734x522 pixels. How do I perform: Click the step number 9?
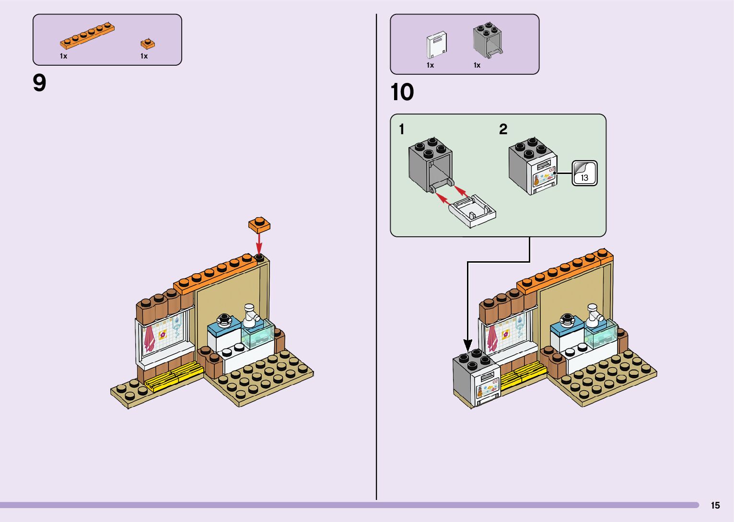click(x=39, y=83)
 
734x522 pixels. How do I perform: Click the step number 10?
click(x=402, y=92)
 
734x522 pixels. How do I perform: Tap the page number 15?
click(x=715, y=505)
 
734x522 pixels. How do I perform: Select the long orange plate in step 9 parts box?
click(x=87, y=36)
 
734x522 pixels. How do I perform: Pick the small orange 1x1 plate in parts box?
click(x=148, y=44)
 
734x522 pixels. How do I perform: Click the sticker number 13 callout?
click(x=584, y=173)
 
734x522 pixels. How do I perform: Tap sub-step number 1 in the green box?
click(x=402, y=129)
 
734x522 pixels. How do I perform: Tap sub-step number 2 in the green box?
click(x=503, y=129)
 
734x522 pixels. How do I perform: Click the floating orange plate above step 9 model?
click(x=259, y=224)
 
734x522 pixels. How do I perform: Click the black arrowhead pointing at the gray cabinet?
click(x=467, y=344)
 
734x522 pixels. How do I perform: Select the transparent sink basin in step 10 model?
click(x=600, y=336)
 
